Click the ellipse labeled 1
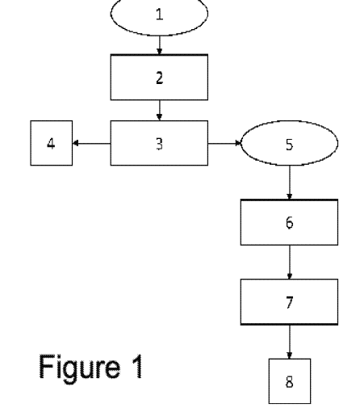(x=159, y=14)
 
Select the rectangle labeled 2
(x=159, y=78)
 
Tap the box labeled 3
(x=159, y=143)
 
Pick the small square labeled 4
(x=52, y=143)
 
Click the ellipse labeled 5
(x=289, y=143)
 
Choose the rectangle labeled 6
(x=289, y=222)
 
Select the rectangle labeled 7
(x=289, y=302)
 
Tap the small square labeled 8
(x=290, y=381)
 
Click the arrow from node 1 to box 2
(x=160, y=45)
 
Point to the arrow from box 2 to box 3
(x=160, y=111)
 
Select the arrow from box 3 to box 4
(x=91, y=143)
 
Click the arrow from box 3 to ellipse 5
(x=224, y=143)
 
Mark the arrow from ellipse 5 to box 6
(x=290, y=183)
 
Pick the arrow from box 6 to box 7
(x=290, y=263)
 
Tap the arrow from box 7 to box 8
(x=290, y=342)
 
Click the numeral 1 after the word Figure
(x=138, y=366)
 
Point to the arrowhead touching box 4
(x=75, y=143)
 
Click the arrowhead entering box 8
(x=290, y=356)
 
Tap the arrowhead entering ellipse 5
(x=238, y=143)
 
